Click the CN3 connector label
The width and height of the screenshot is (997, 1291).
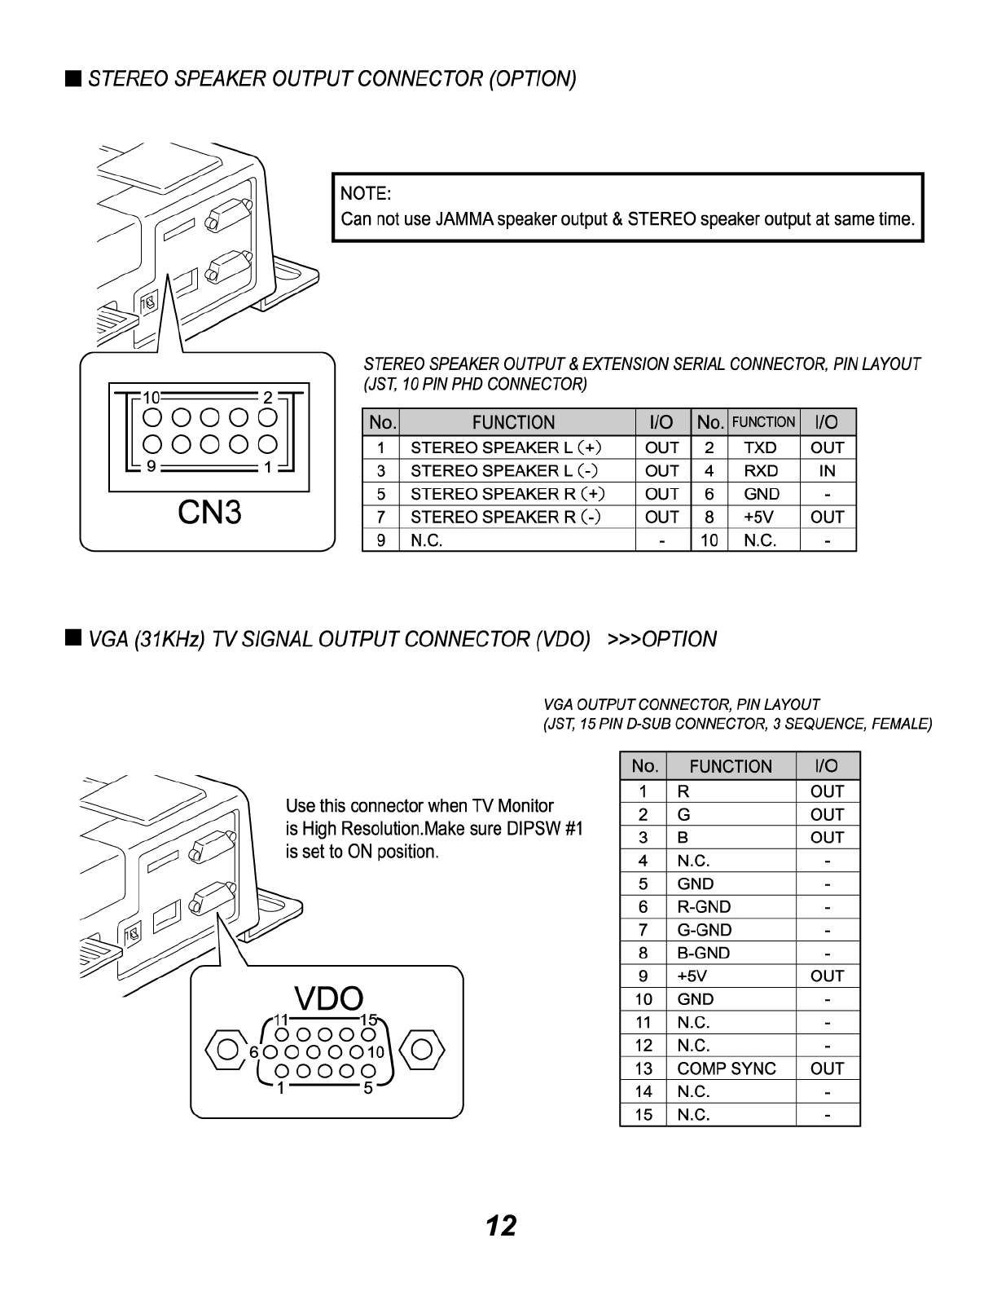tap(209, 513)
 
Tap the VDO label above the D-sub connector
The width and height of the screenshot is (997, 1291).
tap(328, 999)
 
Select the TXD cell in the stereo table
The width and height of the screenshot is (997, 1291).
tap(760, 447)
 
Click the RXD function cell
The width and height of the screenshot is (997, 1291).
tap(760, 471)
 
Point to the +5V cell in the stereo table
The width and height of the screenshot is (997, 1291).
tap(760, 517)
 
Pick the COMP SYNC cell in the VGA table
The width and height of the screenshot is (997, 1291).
tap(727, 1068)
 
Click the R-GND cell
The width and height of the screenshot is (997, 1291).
tap(704, 906)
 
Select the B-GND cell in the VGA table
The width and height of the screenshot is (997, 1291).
tap(704, 953)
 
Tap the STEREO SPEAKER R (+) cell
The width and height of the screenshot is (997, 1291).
tap(506, 494)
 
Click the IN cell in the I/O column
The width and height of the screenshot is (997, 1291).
tap(827, 471)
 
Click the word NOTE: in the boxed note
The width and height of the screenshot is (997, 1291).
tap(366, 194)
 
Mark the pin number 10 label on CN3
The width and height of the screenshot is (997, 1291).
tap(152, 398)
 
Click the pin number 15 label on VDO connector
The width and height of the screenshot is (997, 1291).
tap(367, 1020)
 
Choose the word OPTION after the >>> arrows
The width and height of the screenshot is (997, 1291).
tap(679, 639)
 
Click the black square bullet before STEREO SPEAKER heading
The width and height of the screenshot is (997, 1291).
tap(73, 78)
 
